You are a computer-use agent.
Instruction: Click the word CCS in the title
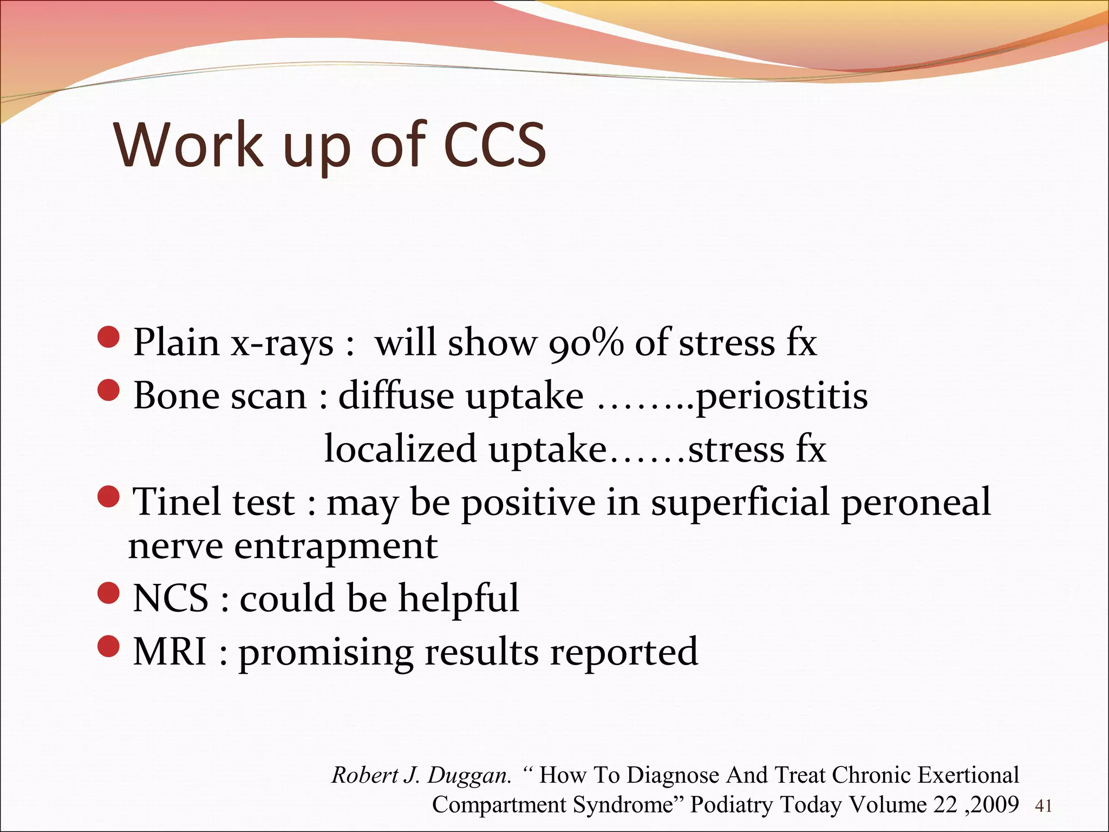(x=494, y=145)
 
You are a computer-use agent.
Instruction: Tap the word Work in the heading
(x=188, y=145)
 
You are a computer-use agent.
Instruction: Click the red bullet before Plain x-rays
(x=109, y=337)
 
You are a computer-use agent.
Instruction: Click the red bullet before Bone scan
(x=109, y=391)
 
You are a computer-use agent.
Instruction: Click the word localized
(x=400, y=450)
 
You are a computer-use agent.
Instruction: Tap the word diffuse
(x=396, y=396)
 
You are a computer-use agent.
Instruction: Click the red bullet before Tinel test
(x=109, y=497)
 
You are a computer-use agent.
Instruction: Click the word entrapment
(x=336, y=547)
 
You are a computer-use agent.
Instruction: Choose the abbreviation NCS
(x=171, y=599)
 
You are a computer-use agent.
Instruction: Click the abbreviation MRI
(x=169, y=652)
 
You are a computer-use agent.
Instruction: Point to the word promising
(x=326, y=653)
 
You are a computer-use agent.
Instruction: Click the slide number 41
(x=1043, y=807)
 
